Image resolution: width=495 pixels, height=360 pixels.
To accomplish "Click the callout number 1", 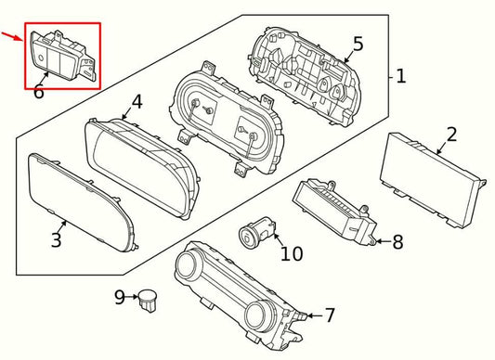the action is click(401, 76).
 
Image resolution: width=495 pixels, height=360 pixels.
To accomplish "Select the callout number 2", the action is click(451, 135).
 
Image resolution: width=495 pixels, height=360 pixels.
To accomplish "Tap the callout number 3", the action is click(56, 241).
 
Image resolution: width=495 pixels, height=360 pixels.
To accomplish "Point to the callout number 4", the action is click(136, 102).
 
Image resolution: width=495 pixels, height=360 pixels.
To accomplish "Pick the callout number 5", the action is click(358, 44).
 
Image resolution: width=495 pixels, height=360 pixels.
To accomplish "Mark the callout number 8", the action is click(397, 242).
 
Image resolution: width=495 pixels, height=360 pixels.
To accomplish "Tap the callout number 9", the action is click(119, 297).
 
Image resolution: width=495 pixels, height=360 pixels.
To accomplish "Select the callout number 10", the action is click(291, 253).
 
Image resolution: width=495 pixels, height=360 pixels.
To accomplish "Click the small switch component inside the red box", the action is click(61, 55).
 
